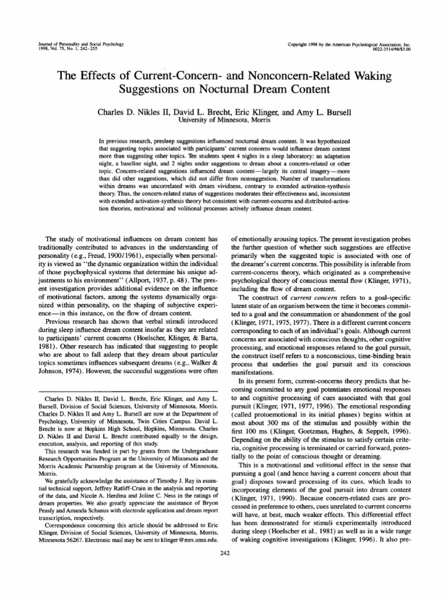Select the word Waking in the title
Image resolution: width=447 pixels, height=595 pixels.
pyautogui.click(x=371, y=76)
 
